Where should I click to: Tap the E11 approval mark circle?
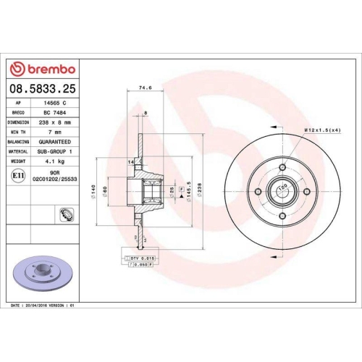pyautogui.click(x=17, y=175)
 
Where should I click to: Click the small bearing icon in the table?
pyautogui.click(x=64, y=215)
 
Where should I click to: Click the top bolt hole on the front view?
pyautogui.click(x=282, y=168)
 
